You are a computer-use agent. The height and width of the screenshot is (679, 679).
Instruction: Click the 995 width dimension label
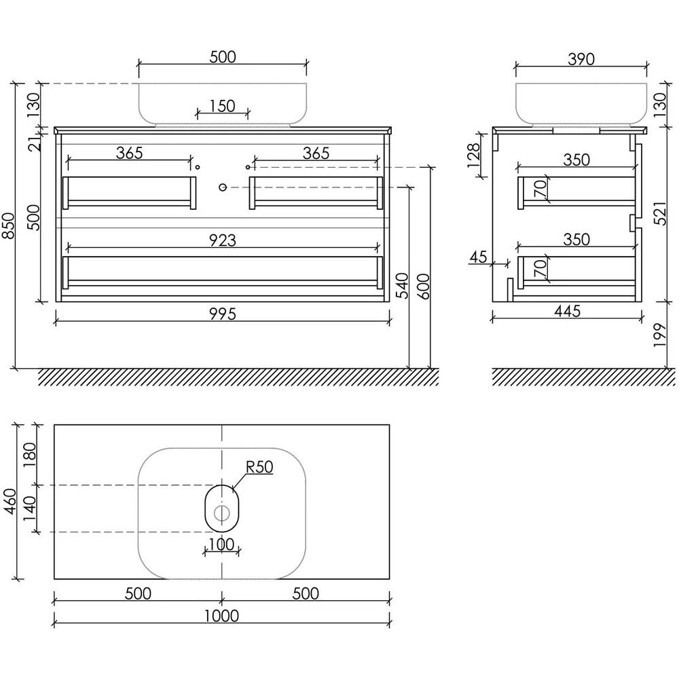click(223, 314)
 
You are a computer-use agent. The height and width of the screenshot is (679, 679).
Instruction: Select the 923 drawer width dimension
click(223, 240)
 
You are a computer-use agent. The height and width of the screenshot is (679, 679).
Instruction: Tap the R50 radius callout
click(259, 467)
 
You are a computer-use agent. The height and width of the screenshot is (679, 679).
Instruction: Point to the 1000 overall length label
click(221, 615)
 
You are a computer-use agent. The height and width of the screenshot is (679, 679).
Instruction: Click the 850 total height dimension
click(9, 225)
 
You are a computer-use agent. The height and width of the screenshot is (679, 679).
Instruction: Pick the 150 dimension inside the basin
click(222, 106)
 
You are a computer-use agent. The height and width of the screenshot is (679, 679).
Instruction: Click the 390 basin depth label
click(581, 59)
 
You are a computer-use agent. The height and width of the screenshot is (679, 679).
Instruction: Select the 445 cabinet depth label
click(567, 311)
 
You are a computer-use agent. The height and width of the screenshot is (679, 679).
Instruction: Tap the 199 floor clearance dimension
click(659, 334)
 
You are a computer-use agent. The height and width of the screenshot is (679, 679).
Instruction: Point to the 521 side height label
click(659, 213)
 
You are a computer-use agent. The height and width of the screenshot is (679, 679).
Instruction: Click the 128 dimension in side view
click(474, 155)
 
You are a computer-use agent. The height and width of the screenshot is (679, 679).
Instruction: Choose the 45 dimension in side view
click(479, 257)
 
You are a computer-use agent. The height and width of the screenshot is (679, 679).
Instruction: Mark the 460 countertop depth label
click(10, 502)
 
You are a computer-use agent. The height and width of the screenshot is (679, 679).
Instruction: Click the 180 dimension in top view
click(29, 455)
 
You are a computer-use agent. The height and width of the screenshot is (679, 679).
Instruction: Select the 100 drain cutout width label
click(221, 545)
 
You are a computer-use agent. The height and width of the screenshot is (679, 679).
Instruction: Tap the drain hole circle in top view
click(222, 513)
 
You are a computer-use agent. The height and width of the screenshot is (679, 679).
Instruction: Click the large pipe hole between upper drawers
click(223, 187)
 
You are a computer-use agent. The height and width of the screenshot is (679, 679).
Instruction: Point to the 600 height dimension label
click(425, 287)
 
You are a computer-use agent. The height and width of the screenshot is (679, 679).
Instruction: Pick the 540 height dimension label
click(403, 285)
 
